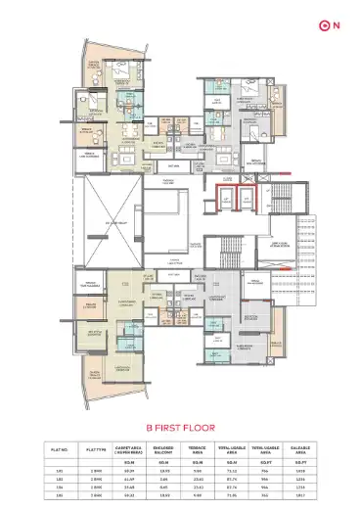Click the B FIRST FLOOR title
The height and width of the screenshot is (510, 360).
pyautogui.click(x=180, y=428)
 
